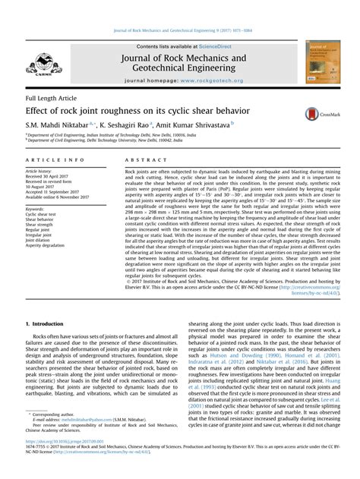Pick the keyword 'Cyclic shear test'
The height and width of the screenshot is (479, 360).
point(41,215)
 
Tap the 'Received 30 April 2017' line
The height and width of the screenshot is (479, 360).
point(50,178)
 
